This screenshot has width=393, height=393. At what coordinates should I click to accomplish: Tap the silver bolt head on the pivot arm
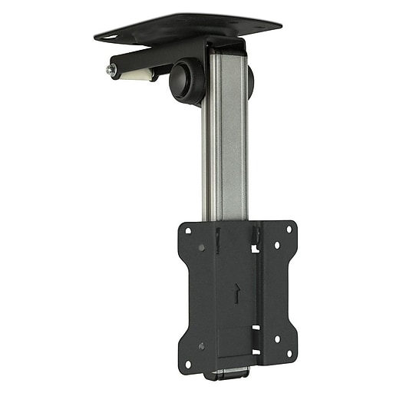112,69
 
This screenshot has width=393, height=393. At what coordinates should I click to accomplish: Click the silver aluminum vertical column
224,138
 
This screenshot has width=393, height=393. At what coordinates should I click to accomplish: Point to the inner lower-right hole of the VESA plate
276,339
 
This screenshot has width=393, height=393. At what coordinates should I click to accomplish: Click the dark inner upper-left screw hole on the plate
201,248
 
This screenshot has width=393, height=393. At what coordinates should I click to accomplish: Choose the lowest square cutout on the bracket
256,352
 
